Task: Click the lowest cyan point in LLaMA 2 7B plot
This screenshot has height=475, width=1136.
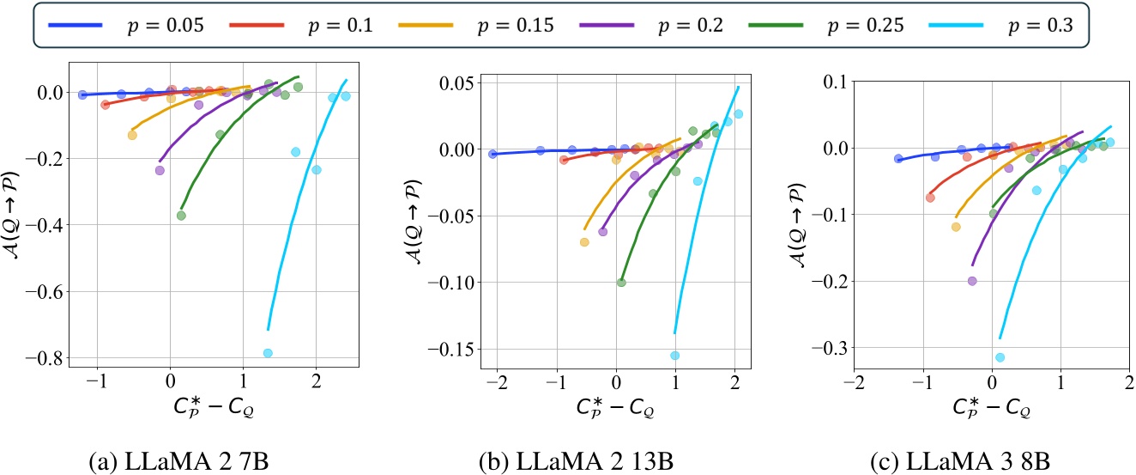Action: pyautogui.click(x=268, y=353)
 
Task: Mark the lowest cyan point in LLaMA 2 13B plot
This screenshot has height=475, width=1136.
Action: pyautogui.click(x=674, y=356)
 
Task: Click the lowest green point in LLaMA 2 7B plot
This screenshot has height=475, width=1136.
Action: pyautogui.click(x=181, y=216)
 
